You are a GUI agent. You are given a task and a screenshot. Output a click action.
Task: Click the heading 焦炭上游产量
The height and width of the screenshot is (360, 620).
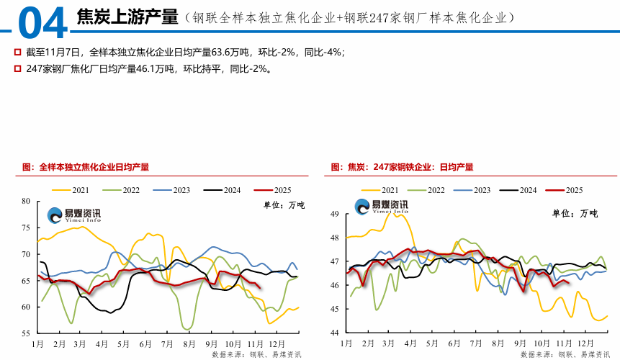pos(126,17)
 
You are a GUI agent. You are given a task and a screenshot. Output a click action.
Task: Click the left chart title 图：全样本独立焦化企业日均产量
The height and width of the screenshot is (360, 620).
pos(86,167)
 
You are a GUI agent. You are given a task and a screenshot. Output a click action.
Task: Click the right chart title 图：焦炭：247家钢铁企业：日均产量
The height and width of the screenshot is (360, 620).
pos(402,167)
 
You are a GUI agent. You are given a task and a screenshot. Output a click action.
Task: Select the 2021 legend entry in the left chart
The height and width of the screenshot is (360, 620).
pos(71,190)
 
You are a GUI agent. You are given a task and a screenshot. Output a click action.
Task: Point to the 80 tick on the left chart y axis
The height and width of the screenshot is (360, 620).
pos(26,202)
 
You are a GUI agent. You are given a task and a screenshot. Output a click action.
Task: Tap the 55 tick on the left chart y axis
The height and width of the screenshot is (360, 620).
pos(26,333)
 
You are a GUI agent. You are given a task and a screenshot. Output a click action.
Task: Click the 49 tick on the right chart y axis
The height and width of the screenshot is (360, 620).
pos(335,215)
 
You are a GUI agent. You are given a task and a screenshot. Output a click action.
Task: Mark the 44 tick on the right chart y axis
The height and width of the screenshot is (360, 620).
pos(335,333)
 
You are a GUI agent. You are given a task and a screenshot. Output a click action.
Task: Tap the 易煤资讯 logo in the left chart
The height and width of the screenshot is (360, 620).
pos(74,214)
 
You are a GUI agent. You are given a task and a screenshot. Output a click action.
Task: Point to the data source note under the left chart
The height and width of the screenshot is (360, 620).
pos(256,354)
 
